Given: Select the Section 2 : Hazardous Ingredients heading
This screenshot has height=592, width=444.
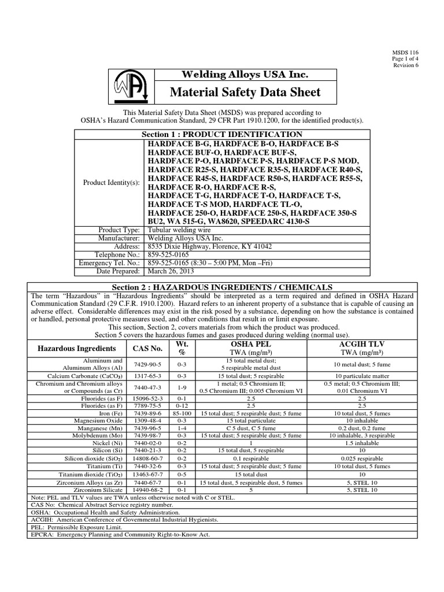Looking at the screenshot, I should pyautogui.click(x=222, y=287).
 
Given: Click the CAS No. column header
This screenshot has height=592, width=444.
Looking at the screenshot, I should pyautogui.click(x=148, y=348).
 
